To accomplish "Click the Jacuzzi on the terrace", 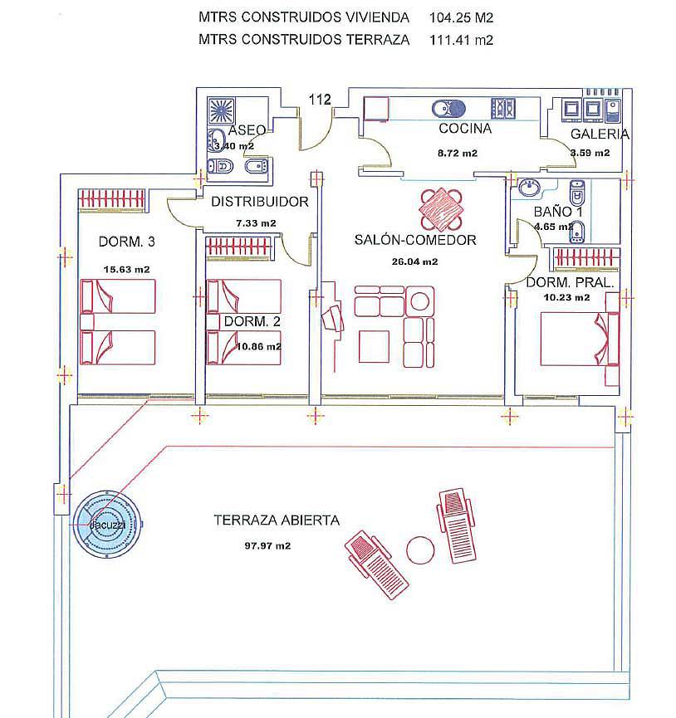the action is click(x=108, y=524).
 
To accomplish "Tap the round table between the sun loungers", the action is click(x=420, y=550).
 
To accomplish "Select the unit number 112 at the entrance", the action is click(x=320, y=100).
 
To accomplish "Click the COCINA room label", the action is click(x=465, y=129).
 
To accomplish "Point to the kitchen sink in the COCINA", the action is click(x=448, y=109).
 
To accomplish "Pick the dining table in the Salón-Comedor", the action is click(x=441, y=210).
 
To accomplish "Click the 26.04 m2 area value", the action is click(x=414, y=262).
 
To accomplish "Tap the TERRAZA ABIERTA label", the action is click(x=277, y=520).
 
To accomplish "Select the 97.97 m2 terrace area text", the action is click(x=267, y=546).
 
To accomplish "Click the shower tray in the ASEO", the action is click(x=221, y=110).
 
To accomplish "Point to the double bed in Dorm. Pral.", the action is click(x=580, y=339).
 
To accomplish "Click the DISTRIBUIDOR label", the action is click(x=260, y=202).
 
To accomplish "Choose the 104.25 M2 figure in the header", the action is click(x=461, y=18).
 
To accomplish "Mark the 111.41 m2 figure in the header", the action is click(x=461, y=41).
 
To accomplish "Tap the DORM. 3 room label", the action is click(x=127, y=242).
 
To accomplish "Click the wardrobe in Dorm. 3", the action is click(x=112, y=200).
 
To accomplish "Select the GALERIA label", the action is click(x=600, y=134).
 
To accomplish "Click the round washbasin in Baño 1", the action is click(x=530, y=188).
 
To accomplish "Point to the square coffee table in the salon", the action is click(x=375, y=347).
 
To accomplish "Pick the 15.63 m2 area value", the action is click(x=127, y=270).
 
